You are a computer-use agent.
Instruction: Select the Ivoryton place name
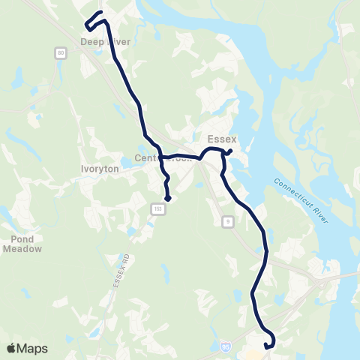95,169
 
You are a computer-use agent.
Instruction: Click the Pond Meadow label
21,244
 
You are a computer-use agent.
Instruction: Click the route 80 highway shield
59,52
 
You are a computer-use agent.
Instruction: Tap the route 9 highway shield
227,220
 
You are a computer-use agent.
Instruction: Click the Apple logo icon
12,348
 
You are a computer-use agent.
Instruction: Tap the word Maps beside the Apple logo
32,348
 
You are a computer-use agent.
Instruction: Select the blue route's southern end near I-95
268,346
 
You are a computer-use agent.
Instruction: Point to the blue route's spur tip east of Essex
229,152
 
